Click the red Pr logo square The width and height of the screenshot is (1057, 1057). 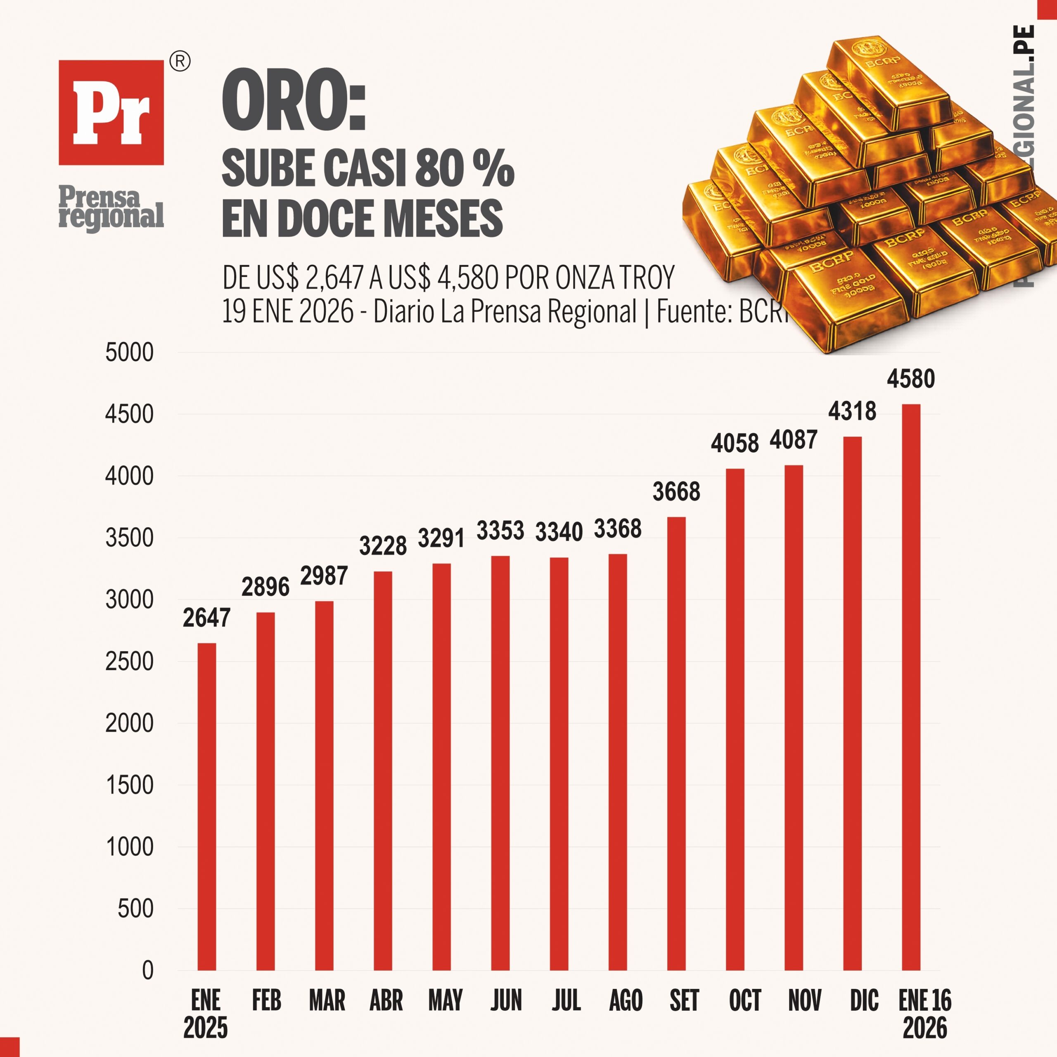pos(111,112)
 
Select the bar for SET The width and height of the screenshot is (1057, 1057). pos(676,744)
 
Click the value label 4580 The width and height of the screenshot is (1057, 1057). pos(911,379)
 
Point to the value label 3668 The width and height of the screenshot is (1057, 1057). pos(676,492)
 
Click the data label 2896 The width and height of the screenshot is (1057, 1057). pos(265,587)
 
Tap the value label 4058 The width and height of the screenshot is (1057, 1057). pos(735,443)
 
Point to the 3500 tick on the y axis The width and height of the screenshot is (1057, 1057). pos(130,538)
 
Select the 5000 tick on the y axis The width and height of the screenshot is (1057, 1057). pos(130,352)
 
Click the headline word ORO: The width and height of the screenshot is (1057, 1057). pos(294,102)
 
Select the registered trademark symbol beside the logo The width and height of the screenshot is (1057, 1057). pos(180,62)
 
